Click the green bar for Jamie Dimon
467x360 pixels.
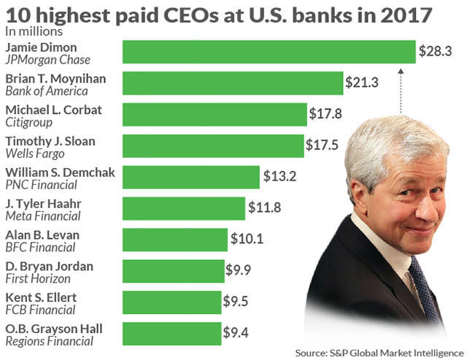pos(269,52)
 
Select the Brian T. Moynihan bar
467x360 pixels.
pos(232,83)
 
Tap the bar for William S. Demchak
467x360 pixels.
pos(190,177)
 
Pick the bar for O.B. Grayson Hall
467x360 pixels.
pos(171,334)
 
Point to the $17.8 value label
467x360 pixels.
pos(326,114)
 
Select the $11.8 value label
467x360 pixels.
pos(265,209)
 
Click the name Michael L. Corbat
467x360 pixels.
pos(53,110)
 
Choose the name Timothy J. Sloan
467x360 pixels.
pos(49,141)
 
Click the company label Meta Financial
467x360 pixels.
pos(43,216)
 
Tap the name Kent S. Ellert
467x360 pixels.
pos(41,298)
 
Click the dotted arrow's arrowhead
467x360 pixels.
pos(401,71)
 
